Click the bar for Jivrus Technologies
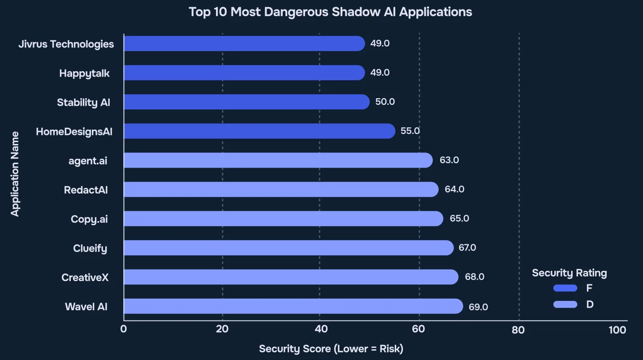tap(244, 43)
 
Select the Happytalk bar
tap(244, 73)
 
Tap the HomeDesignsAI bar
tap(259, 131)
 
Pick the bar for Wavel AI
tap(293, 306)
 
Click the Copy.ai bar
tap(283, 218)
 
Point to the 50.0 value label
tap(385, 102)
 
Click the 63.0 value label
tap(449, 160)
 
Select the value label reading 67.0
tap(467, 247)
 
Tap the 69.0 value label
tap(478, 307)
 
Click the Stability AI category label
tap(83, 102)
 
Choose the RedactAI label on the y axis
tap(86, 190)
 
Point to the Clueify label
tap(90, 248)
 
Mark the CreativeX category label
tap(85, 277)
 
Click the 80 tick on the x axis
tap(518, 330)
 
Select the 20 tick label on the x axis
tap(222, 330)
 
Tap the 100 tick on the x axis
tap(617, 330)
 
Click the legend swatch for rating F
tap(565, 288)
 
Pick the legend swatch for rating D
tap(565, 304)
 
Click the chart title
tap(330, 12)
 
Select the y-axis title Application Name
tap(15, 173)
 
